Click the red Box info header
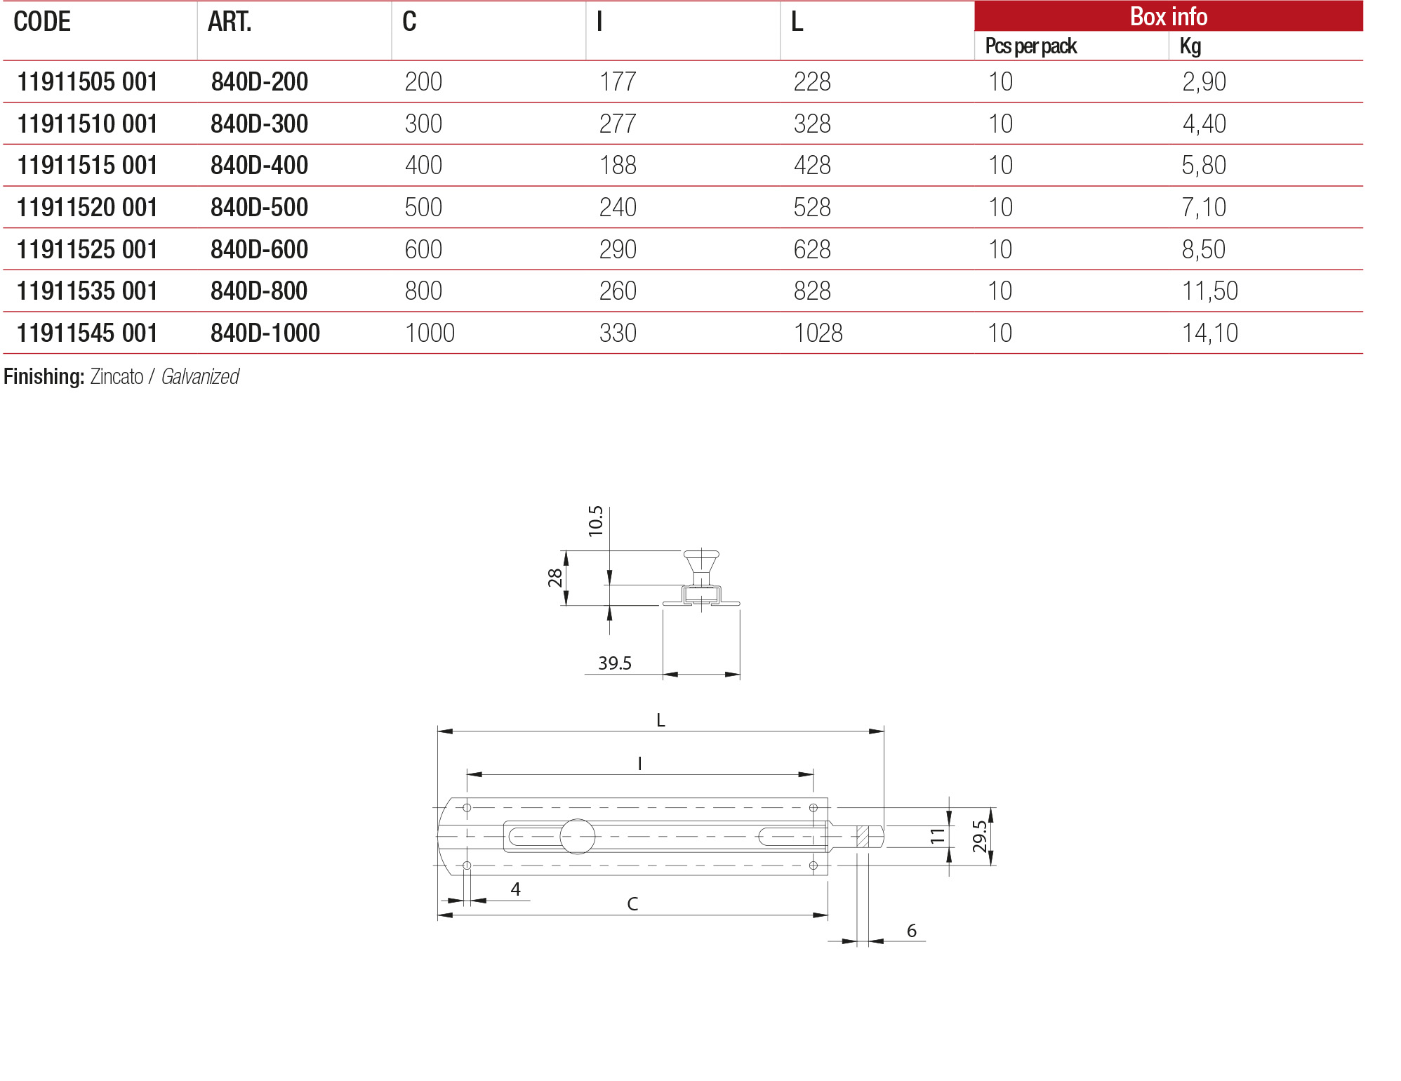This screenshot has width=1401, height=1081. click(1168, 16)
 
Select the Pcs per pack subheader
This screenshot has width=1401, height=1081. click(1030, 46)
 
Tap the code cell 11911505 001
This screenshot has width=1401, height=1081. click(87, 82)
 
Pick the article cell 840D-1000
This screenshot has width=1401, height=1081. click(265, 333)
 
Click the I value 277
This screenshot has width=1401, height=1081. click(617, 124)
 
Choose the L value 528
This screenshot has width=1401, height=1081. click(811, 208)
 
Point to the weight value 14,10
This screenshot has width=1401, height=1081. click(1209, 333)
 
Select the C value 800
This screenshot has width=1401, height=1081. click(423, 291)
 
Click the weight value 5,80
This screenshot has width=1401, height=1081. click(1203, 166)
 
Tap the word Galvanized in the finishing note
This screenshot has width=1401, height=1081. click(200, 377)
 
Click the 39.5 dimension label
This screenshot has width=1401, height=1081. click(614, 663)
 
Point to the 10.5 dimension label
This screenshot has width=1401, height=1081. click(595, 521)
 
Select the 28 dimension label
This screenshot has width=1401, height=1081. click(555, 578)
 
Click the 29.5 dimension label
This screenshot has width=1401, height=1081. click(979, 836)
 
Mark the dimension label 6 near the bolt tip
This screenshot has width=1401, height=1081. click(911, 931)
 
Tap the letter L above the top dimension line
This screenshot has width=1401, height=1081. click(660, 720)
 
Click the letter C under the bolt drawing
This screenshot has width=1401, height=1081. click(632, 904)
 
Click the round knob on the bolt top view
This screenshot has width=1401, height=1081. click(577, 837)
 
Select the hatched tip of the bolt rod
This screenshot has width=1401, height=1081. click(863, 837)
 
